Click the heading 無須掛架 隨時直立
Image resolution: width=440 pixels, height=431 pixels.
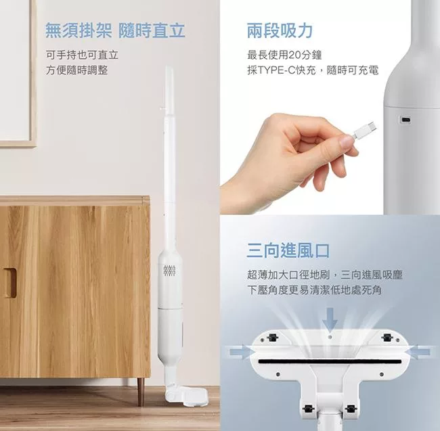[x=115, y=30]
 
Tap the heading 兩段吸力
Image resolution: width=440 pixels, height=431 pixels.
[x=280, y=30]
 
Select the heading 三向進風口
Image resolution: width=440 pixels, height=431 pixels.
[x=288, y=251]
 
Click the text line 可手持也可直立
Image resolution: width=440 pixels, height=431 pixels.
[x=82, y=55]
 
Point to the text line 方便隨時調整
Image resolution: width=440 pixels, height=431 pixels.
[x=77, y=70]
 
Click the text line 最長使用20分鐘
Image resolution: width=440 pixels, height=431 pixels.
[x=284, y=55]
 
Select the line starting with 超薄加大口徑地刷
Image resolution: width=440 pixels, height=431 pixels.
[x=325, y=275]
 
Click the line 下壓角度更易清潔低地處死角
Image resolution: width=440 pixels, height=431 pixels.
[x=315, y=290]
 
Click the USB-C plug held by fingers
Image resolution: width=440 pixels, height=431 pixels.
[x=364, y=129]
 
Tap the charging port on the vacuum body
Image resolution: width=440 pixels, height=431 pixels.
[x=405, y=120]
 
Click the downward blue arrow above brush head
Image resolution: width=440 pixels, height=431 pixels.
[x=330, y=319]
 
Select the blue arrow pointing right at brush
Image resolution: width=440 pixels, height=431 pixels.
[x=240, y=352]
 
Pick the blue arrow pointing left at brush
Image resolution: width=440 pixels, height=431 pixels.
[x=419, y=352]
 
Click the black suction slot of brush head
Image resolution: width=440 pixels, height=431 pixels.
[x=330, y=361]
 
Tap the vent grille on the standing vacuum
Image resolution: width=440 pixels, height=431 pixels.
[x=169, y=271]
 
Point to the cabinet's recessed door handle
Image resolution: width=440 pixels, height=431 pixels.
[x=10, y=282]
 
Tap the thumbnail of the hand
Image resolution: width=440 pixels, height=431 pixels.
[x=347, y=141]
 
